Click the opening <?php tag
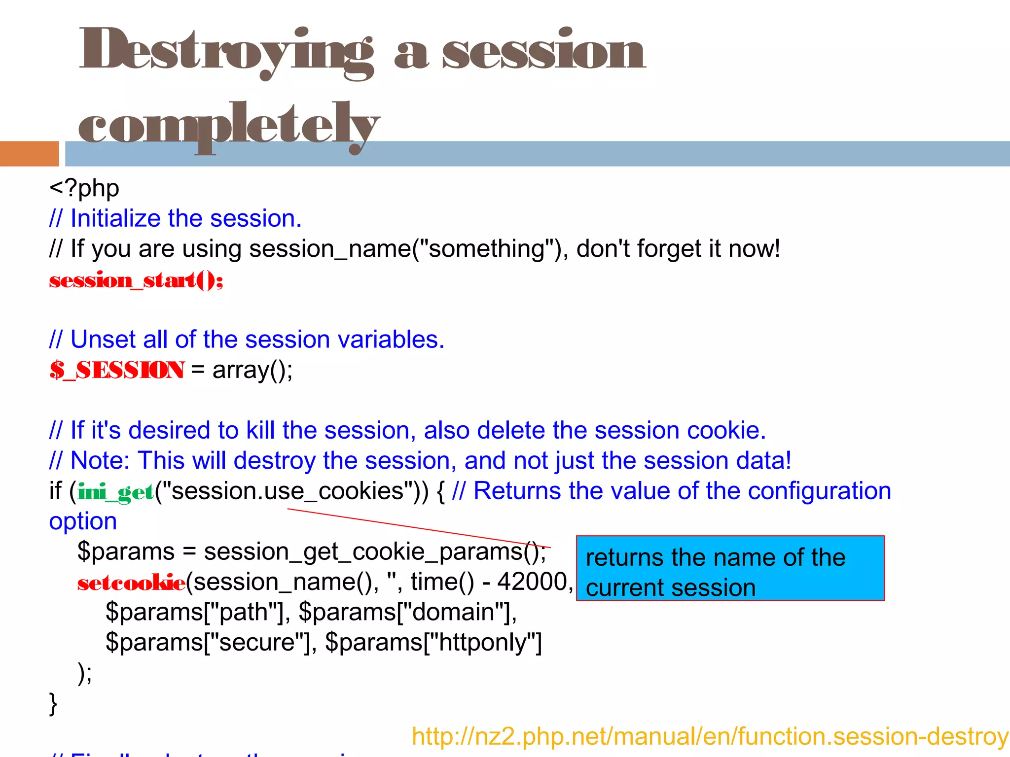(x=84, y=188)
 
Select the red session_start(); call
(x=136, y=281)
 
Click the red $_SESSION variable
(x=117, y=370)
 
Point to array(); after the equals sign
(x=252, y=370)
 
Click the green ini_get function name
(x=116, y=492)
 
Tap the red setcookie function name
(x=131, y=583)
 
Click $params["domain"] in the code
(x=407, y=613)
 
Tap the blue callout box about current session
(x=730, y=568)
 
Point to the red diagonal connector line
(x=419, y=528)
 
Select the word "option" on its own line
(x=83, y=522)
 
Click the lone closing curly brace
(x=53, y=704)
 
